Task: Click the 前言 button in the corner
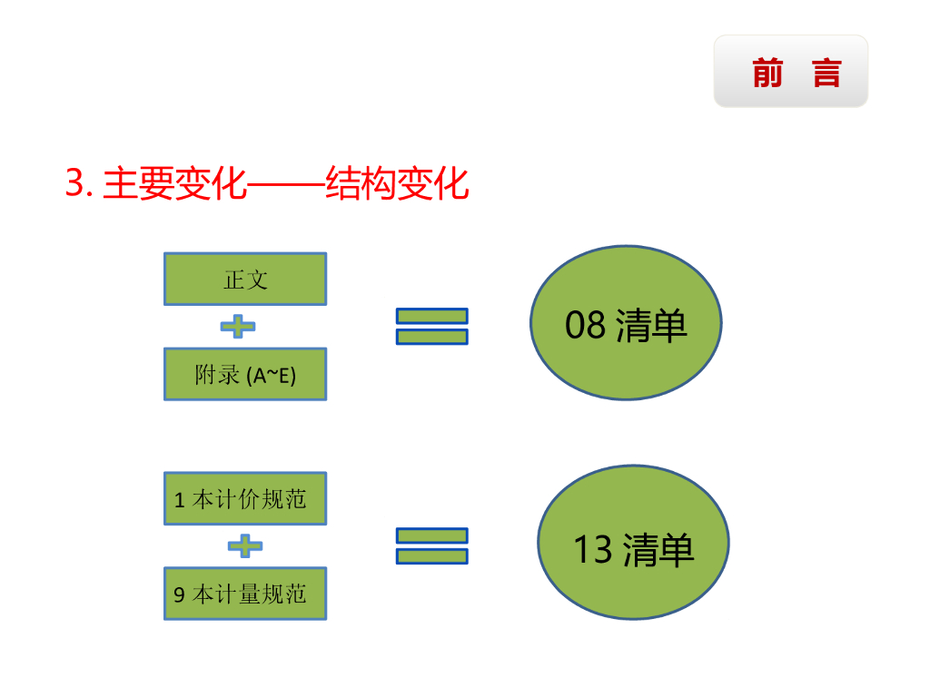coord(790,72)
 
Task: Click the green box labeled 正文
coord(245,279)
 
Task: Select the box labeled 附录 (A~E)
coord(245,374)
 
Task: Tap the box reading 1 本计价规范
coord(245,498)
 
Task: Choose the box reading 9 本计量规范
coord(245,594)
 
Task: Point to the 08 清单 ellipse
coord(626,323)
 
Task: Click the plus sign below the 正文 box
coord(238,327)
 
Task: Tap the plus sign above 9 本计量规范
coord(244,546)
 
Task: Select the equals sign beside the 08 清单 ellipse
coord(432,326)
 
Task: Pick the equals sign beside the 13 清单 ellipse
coord(432,545)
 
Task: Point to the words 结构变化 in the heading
coord(397,184)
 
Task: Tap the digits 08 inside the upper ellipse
coord(585,325)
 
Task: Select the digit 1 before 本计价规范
coord(179,500)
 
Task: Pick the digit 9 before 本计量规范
coord(180,595)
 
